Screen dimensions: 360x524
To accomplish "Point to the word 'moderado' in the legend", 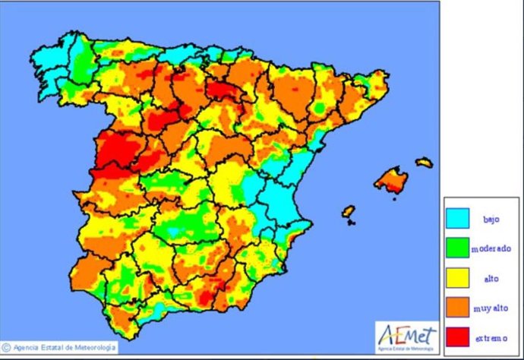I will [491, 248].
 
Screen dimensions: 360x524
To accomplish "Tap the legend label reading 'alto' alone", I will [491, 278].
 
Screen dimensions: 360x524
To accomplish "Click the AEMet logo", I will [406, 335].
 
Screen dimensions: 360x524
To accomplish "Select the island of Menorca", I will [424, 162].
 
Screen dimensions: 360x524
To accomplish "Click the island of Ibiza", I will [348, 210].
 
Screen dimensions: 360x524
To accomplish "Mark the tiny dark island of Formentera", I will [350, 223].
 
